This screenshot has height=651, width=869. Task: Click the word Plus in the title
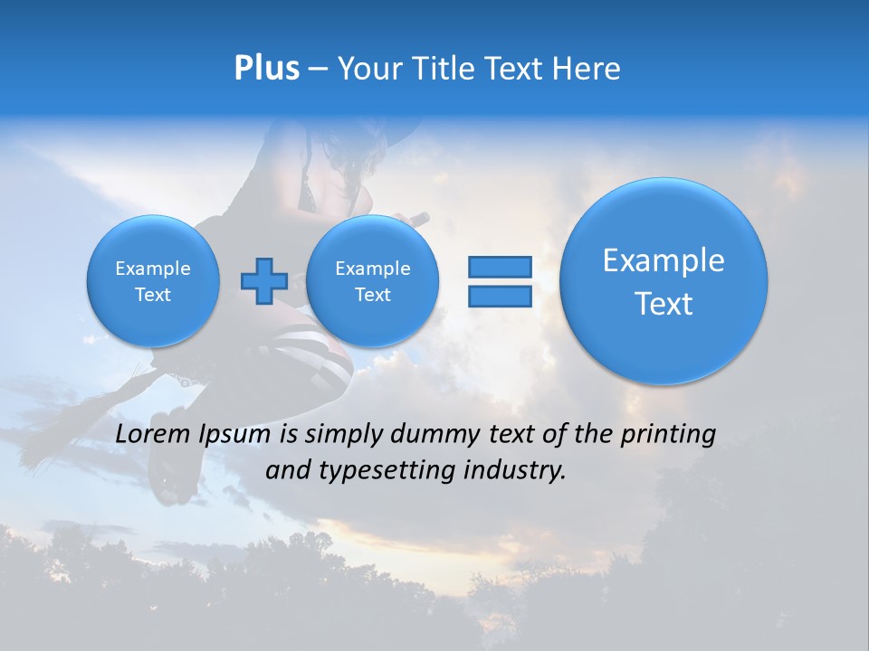pyautogui.click(x=266, y=69)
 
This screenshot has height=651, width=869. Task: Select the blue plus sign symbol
pyautogui.click(x=263, y=280)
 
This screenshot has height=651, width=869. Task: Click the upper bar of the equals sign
pyautogui.click(x=499, y=267)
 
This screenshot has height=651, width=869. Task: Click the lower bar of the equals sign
pyautogui.click(x=499, y=296)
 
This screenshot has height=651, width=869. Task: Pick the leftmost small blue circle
pyautogui.click(x=153, y=281)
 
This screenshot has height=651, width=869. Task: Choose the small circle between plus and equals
pyautogui.click(x=372, y=281)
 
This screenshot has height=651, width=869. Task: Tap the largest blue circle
pyautogui.click(x=664, y=281)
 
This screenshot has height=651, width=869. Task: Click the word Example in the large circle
pyautogui.click(x=664, y=260)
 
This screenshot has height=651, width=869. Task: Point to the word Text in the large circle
pyautogui.click(x=664, y=304)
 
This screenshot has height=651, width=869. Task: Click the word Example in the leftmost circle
pyautogui.click(x=153, y=269)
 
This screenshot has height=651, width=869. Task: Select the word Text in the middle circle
pyautogui.click(x=372, y=295)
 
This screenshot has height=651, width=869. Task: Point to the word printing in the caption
pyautogui.click(x=667, y=435)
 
